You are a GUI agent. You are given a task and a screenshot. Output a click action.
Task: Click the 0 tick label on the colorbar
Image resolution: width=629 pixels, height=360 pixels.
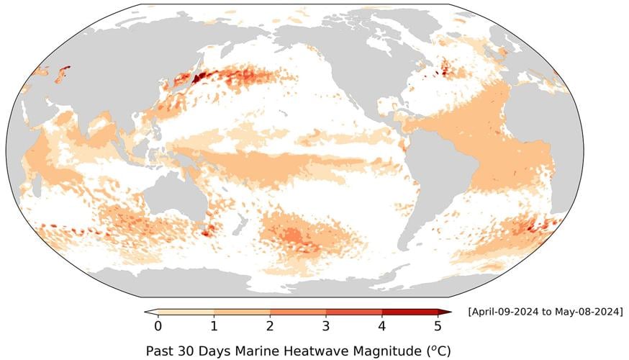158,325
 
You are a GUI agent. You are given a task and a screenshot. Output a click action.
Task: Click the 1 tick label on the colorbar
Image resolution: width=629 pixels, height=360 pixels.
214,325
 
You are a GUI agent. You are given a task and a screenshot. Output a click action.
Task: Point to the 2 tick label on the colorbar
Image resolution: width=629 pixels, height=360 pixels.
270,325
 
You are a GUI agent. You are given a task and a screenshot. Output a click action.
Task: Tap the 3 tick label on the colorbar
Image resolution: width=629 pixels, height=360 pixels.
326,325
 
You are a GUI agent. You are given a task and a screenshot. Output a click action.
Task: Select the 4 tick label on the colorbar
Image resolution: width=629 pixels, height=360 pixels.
382,325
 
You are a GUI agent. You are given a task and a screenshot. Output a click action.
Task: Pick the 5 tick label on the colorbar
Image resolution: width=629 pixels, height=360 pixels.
438,325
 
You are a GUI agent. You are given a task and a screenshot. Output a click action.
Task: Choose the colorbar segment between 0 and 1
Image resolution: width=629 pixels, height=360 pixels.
186,312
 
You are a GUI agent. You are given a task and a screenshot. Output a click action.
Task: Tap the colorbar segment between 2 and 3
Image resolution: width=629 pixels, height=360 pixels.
298,312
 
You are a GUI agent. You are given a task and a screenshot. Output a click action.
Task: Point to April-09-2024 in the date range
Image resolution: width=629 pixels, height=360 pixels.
504,312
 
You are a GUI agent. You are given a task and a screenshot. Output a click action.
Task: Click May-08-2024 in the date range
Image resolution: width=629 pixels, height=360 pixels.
587,312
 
